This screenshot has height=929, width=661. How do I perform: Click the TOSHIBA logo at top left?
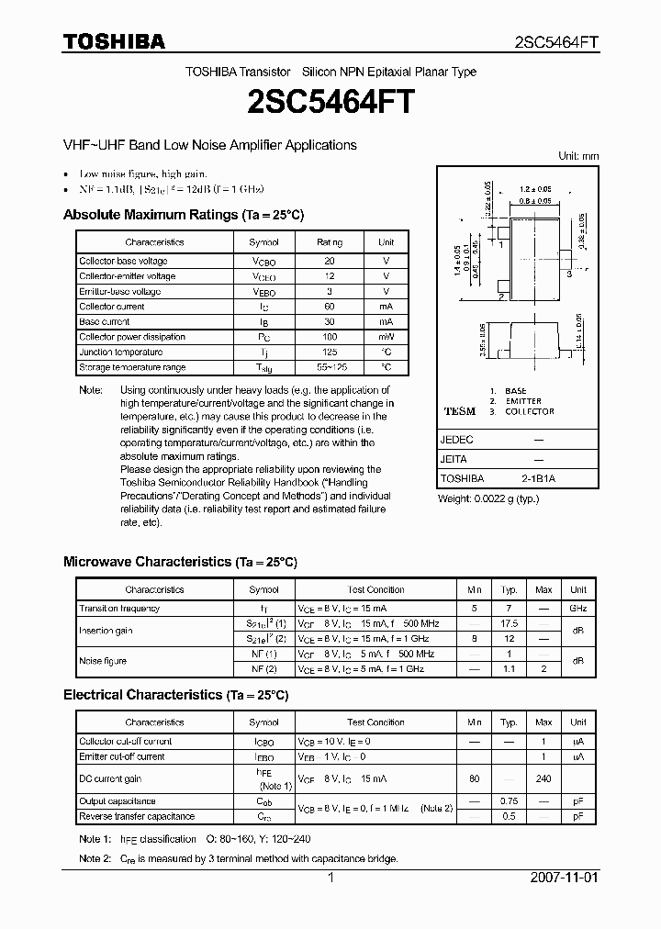point(114,41)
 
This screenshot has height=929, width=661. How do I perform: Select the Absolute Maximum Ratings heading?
point(183,215)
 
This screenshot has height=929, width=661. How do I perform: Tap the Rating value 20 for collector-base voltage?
point(330,261)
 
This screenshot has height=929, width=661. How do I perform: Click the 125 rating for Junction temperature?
point(330,353)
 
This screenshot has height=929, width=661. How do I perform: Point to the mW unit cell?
point(386,337)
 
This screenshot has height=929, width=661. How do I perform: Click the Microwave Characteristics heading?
point(180,562)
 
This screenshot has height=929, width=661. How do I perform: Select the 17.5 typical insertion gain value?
point(509,623)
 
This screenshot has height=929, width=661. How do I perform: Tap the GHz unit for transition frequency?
point(577,608)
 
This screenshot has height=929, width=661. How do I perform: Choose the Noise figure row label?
point(103,661)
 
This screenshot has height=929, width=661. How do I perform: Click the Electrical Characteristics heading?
point(175,695)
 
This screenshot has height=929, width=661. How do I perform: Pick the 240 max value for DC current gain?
point(543,778)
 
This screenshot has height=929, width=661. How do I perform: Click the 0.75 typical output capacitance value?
point(509,801)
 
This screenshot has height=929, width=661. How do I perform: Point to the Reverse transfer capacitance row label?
point(137,816)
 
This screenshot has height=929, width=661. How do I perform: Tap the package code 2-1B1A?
point(538,478)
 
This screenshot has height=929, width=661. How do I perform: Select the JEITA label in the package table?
point(454,459)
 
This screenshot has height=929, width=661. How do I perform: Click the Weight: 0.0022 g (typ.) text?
point(488,498)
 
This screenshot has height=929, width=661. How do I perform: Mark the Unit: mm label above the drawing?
point(578,156)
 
